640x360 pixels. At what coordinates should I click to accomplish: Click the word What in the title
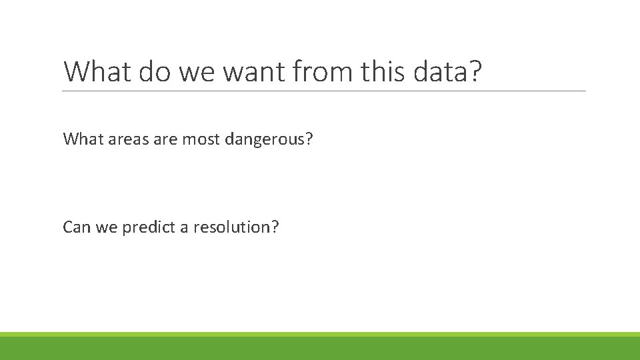coord(98,71)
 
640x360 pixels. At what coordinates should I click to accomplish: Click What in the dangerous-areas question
coord(79,139)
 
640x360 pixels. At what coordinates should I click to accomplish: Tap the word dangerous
coord(267,139)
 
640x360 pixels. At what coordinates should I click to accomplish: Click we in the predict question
coord(107,228)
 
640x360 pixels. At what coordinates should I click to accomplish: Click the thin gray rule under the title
coord(324,91)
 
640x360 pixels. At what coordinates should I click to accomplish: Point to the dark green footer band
coord(320,349)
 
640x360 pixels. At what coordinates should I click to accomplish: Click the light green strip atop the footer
coord(320,334)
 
